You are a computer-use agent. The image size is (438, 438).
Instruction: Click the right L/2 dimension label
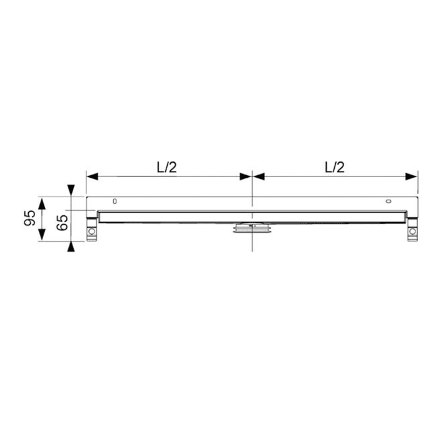335,167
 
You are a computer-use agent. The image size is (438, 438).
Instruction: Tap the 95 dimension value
29,218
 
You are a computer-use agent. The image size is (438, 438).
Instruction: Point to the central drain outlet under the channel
252,228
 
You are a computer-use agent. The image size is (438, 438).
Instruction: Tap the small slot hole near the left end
114,201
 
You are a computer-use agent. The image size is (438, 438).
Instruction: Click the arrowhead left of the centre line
245,176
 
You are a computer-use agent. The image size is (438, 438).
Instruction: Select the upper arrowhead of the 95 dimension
42,203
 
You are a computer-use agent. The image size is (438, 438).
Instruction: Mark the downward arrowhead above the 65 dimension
73,189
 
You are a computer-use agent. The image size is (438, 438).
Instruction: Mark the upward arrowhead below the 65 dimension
73,247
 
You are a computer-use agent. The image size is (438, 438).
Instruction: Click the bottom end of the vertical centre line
252,250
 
